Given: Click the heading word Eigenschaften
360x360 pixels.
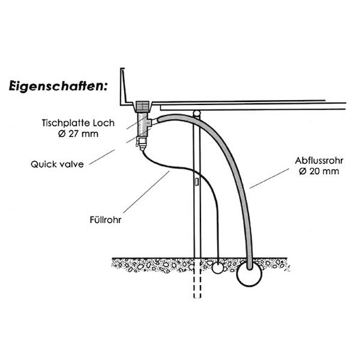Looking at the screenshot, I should tap(58, 85).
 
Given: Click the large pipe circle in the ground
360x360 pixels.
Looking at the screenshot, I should tap(248, 275).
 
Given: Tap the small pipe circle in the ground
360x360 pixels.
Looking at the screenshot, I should tap(217, 268).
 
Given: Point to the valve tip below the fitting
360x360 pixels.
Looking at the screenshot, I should tap(142, 145).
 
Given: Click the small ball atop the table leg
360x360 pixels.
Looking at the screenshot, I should tap(196, 113).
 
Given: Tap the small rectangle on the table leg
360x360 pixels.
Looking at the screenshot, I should tap(197, 181).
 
